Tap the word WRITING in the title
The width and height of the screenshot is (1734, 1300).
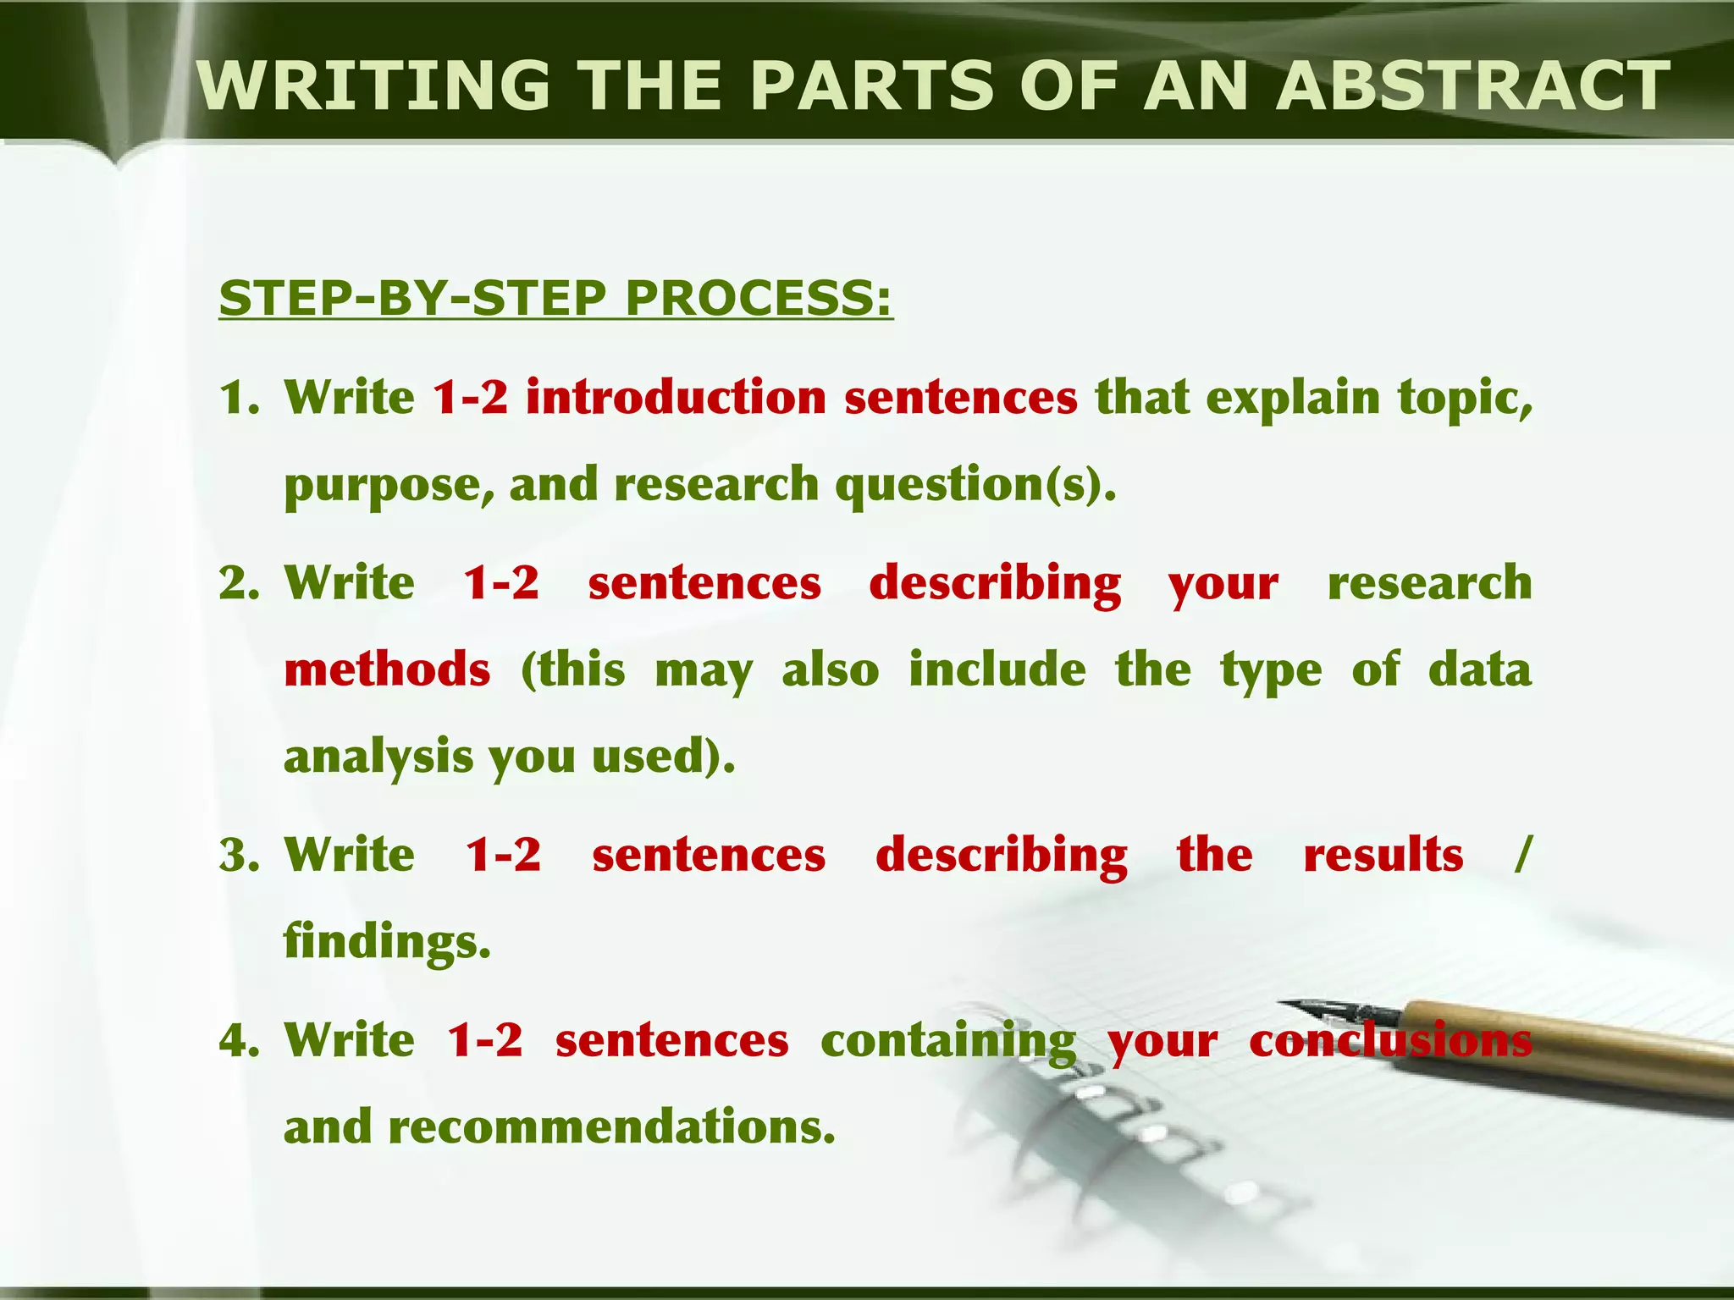point(373,86)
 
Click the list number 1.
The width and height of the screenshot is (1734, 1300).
point(238,398)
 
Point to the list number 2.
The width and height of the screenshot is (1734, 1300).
point(238,584)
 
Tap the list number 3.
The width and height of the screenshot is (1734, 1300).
point(238,855)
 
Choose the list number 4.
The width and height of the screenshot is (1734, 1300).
point(238,1041)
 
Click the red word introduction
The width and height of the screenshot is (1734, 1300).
point(675,398)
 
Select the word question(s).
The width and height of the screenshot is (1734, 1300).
point(975,485)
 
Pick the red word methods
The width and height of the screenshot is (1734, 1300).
point(387,669)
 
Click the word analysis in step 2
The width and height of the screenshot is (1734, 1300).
point(378,757)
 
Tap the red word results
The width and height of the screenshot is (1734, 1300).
point(1383,855)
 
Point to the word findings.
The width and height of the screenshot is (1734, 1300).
point(387,941)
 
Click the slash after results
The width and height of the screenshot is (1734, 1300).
point(1521,855)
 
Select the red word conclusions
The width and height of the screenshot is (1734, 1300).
point(1390,1041)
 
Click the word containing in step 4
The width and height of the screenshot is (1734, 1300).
point(948,1041)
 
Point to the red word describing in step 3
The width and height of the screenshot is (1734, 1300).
point(1001,855)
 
